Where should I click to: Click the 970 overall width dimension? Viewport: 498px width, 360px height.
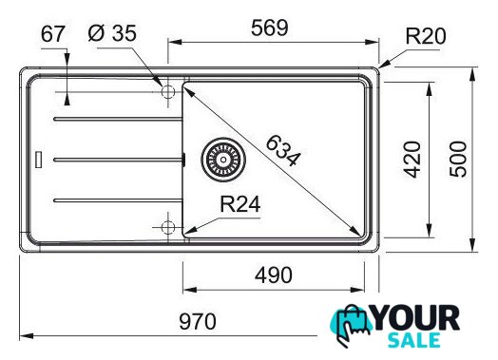point(198,321)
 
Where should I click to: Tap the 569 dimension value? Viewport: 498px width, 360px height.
point(270,28)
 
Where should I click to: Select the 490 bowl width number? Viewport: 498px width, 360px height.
point(274,275)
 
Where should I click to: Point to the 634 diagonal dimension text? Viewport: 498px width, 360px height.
point(282,151)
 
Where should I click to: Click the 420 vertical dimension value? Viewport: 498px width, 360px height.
point(412,159)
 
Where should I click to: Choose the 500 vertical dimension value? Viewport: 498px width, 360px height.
point(458,159)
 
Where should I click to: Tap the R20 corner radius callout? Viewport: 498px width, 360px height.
point(426,36)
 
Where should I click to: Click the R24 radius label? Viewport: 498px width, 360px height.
point(240,204)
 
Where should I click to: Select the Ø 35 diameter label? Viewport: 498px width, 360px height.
point(112,33)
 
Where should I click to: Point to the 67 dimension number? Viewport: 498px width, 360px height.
point(53,34)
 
